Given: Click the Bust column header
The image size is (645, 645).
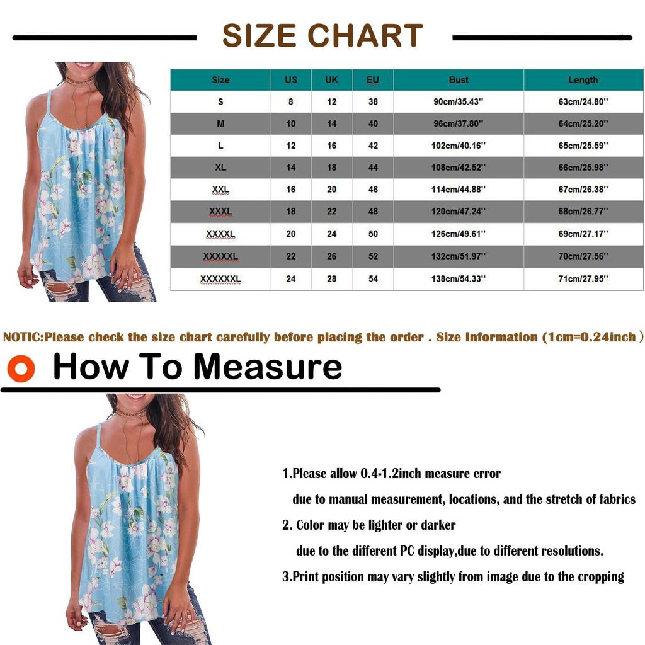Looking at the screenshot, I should (x=459, y=80).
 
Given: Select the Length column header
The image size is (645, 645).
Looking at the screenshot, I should (x=583, y=80).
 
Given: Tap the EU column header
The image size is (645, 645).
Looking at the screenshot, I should (x=373, y=80).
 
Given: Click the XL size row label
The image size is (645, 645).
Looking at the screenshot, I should (x=220, y=168).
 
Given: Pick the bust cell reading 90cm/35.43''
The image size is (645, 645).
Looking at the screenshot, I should (x=459, y=102).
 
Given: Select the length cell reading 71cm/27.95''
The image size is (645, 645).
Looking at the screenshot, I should (x=583, y=278).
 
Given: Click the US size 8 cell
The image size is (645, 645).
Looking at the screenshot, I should (x=291, y=102).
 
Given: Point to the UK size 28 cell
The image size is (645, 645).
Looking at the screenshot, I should (x=331, y=278).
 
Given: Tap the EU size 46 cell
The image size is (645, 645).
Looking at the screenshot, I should (x=373, y=190).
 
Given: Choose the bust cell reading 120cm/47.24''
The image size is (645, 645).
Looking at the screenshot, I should (x=459, y=212).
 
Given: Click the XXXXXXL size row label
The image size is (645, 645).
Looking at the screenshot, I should (x=220, y=278).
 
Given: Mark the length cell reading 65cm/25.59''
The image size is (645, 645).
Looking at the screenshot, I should (x=583, y=146).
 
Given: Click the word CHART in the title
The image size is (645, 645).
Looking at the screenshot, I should (x=365, y=36).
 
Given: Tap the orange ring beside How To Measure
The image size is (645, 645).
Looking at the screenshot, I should (x=21, y=369).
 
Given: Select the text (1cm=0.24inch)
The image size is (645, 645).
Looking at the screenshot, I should (x=593, y=337).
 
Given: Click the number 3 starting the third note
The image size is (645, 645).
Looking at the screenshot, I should (x=285, y=576).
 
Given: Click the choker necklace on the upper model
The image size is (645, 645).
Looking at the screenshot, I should (x=79, y=81).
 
